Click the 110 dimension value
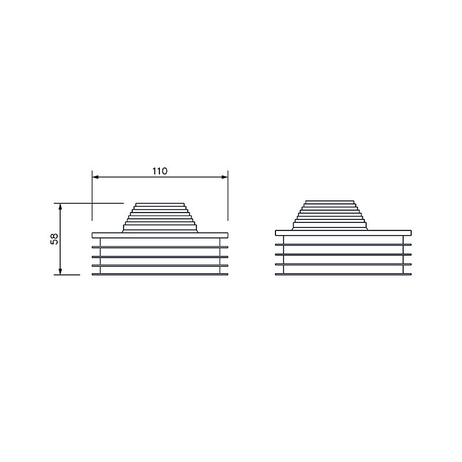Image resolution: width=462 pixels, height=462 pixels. pyautogui.click(x=160, y=171)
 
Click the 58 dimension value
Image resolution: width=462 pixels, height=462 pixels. pyautogui.click(x=54, y=239)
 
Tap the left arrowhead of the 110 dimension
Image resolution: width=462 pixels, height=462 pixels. pyautogui.click(x=95, y=177)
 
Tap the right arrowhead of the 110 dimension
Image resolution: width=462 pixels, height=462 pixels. pyautogui.click(x=225, y=177)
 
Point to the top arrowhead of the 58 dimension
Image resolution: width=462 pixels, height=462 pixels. pyautogui.click(x=60, y=206)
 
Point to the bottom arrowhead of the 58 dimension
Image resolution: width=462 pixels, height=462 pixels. pyautogui.click(x=60, y=271)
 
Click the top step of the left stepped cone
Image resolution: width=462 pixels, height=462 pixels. pyautogui.click(x=160, y=204)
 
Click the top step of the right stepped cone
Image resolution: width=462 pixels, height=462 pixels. pyautogui.click(x=330, y=202)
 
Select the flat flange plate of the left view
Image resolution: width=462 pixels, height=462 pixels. pyautogui.click(x=160, y=235)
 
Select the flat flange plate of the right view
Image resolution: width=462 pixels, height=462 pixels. pyautogui.click(x=343, y=233)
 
